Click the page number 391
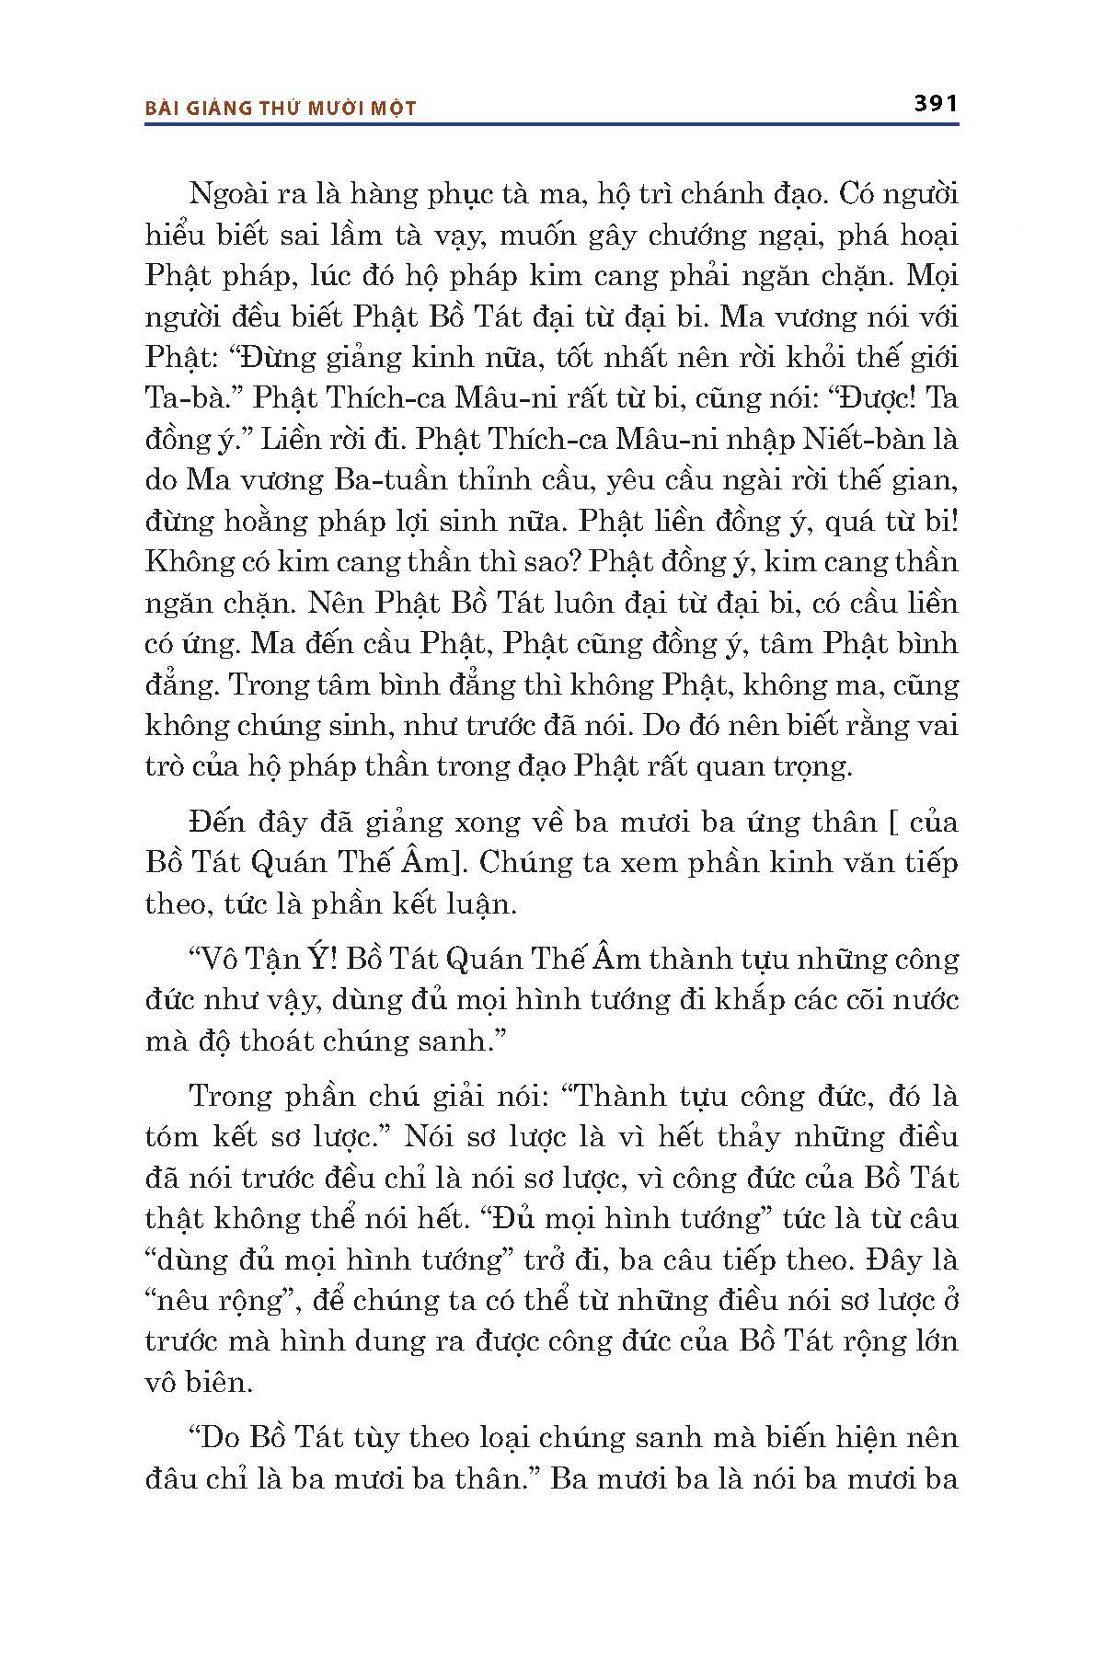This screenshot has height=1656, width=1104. (936, 103)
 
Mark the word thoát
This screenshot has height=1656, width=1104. (282, 1041)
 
